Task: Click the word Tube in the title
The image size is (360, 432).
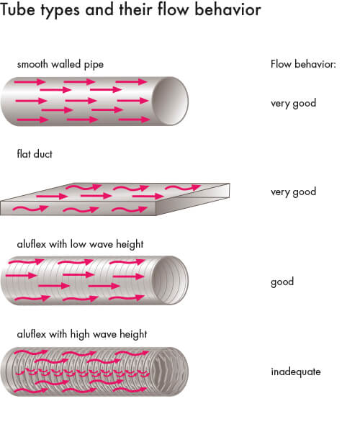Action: point(18,9)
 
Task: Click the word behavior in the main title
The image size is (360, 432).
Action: point(228,9)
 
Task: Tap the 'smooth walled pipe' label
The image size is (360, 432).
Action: point(60,65)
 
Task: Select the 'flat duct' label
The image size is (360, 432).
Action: point(35,154)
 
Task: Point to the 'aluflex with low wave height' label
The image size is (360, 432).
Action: point(80,244)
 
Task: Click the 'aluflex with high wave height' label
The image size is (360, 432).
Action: point(82,334)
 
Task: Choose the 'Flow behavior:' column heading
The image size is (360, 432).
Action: point(303,64)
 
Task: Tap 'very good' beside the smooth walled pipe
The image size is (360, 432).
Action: point(293,104)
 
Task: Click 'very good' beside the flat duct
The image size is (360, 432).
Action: point(293,192)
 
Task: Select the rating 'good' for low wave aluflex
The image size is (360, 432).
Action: point(282,282)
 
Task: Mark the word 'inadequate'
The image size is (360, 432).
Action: point(296,372)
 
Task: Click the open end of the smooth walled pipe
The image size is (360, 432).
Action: point(171,101)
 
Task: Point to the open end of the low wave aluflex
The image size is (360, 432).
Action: point(171,280)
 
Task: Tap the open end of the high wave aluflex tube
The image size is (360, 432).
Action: point(171,372)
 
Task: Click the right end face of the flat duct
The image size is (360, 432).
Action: point(193,199)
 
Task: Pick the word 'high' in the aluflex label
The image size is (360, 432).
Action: point(80,335)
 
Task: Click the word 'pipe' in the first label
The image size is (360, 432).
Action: point(94,65)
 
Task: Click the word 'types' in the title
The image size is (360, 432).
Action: point(60,11)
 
